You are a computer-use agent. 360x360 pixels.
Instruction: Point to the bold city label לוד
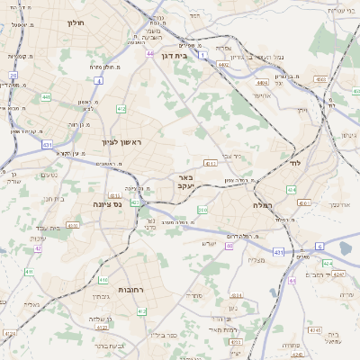pyautogui.click(x=295, y=164)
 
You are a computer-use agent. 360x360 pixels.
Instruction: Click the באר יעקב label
pyautogui.click(x=187, y=183)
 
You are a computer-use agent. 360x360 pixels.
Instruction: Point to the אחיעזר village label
pyautogui.click(x=261, y=95)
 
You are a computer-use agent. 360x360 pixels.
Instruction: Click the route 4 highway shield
pyautogui.click(x=96, y=80)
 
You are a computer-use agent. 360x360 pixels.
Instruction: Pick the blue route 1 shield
pyautogui.click(x=205, y=56)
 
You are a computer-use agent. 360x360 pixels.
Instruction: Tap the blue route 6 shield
pyautogui.click(x=319, y=246)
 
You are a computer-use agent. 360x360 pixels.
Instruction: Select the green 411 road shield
pyautogui.click(x=29, y=271)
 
